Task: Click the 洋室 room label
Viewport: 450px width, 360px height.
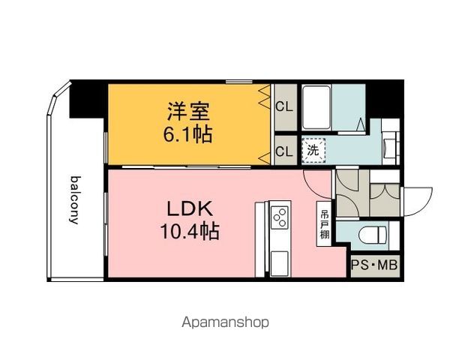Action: [x=188, y=112]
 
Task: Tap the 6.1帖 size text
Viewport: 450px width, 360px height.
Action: [x=188, y=134]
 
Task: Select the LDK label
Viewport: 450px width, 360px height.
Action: [x=190, y=209]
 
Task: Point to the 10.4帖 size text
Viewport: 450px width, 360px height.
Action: [x=190, y=231]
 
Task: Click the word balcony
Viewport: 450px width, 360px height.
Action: [x=75, y=200]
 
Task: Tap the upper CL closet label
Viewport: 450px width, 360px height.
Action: [x=284, y=106]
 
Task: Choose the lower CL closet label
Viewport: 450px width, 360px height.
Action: [x=284, y=151]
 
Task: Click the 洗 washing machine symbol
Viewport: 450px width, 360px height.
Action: [x=313, y=151]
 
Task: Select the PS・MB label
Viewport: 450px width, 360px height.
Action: [x=374, y=265]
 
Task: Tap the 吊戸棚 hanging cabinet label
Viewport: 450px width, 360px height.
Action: [x=325, y=224]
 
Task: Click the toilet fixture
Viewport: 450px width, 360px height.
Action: [x=373, y=235]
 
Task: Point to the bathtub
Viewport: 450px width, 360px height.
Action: [x=316, y=107]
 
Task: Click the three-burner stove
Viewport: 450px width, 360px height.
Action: [x=279, y=217]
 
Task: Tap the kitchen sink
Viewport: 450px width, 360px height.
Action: [x=279, y=262]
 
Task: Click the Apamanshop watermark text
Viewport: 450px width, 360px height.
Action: [x=225, y=322]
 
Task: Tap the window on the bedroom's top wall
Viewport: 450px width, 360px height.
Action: [x=238, y=82]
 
